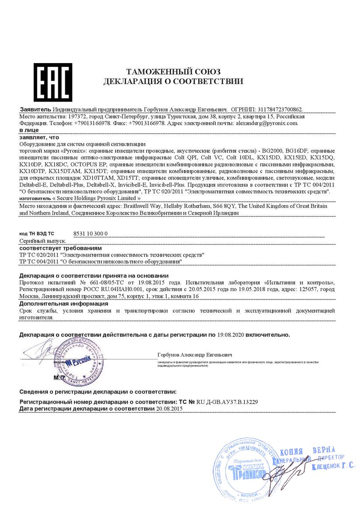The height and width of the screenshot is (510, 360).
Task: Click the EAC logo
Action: tap(52, 82)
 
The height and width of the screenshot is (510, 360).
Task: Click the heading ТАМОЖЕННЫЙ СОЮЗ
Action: tap(173, 72)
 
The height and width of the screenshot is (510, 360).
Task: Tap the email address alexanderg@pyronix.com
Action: tap(267, 123)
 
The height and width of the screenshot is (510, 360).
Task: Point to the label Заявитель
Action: tap(35, 109)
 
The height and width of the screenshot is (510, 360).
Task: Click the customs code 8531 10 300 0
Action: tap(89, 234)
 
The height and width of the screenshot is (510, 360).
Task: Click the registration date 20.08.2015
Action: tap(169, 408)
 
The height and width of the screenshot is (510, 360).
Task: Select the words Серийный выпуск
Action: tap(43, 241)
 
